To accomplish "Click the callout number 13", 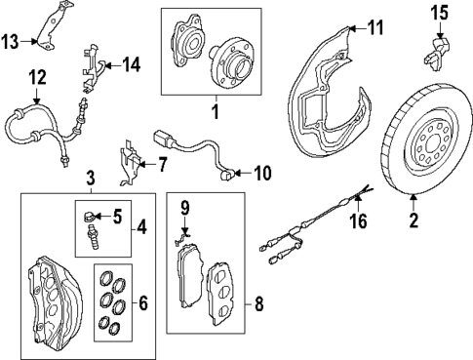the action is pos(11,42).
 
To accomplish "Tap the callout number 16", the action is pos(359,221).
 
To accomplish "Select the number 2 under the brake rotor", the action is pos(414,220).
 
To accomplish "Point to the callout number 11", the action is pos(374,27).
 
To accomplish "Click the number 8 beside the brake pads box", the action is pos(258,304).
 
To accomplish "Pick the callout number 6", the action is pos(143,302).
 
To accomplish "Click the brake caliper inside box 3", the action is pos(55,300).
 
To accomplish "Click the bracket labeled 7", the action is pos(130,163).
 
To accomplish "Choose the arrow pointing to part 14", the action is pos(112,65).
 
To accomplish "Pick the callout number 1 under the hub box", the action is pos(216,111).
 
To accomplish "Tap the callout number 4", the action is pos(141,226).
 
